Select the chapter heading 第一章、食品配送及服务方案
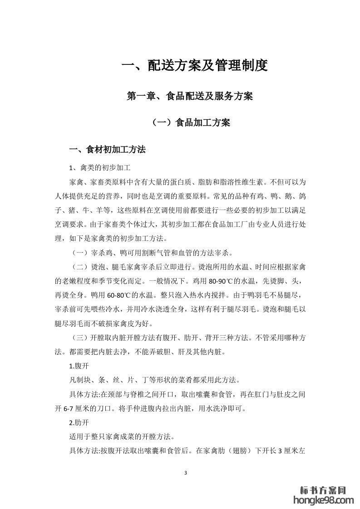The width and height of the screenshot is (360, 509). click(x=190, y=96)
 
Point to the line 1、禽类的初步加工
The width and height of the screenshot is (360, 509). click(x=100, y=168)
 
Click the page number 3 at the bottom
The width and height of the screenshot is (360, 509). click(x=186, y=473)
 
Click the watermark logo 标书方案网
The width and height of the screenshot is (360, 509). click(x=324, y=490)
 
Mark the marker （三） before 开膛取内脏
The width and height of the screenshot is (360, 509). click(x=79, y=338)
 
